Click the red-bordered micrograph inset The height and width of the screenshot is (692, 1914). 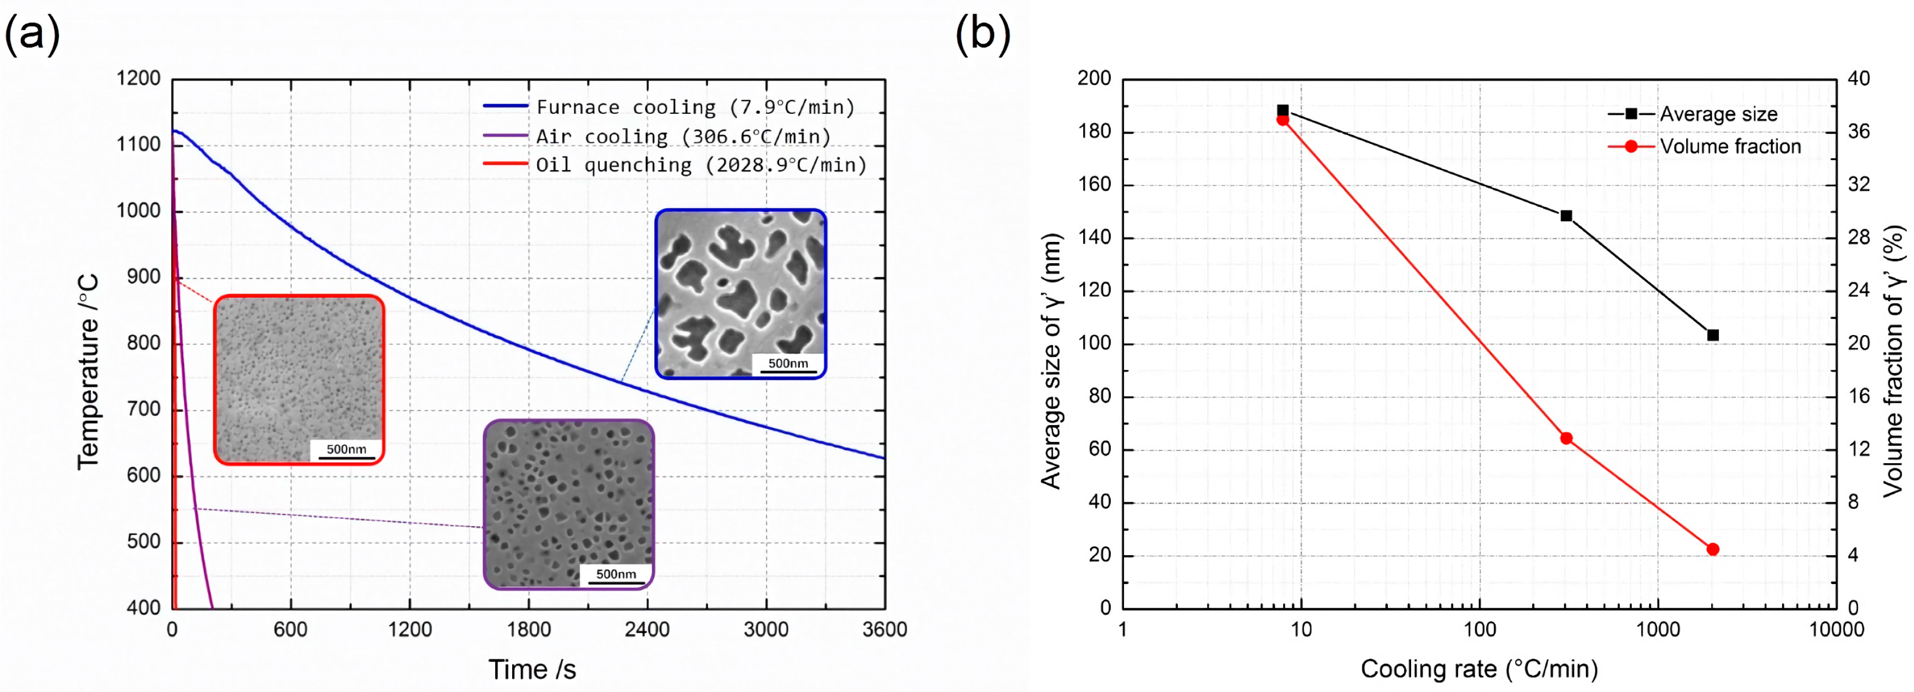(x=299, y=380)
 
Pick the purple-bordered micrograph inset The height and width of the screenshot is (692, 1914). (x=568, y=505)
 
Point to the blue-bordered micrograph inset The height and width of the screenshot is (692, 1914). (x=740, y=294)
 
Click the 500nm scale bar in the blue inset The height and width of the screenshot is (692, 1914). (x=788, y=365)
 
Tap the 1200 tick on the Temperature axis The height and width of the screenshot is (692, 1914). (x=139, y=79)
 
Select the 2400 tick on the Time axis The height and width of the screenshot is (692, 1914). (x=647, y=629)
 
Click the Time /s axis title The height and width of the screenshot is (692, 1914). (x=532, y=670)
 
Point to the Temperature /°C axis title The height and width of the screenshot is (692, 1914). (x=88, y=372)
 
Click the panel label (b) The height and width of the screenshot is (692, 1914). (x=982, y=33)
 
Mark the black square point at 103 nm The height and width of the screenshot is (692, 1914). (x=1712, y=335)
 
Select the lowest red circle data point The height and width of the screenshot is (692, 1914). (x=1712, y=549)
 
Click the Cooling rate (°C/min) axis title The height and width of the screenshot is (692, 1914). (x=1479, y=669)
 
